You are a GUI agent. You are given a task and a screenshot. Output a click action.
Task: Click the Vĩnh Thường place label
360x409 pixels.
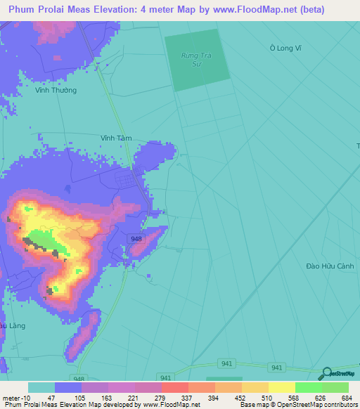coord(56,90)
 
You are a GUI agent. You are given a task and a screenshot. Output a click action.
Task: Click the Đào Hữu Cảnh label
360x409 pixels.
coord(328,266)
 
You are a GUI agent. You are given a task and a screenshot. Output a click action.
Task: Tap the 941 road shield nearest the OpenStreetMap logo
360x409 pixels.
coord(276,368)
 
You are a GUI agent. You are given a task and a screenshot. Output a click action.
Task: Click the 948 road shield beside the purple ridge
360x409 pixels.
coord(136,240)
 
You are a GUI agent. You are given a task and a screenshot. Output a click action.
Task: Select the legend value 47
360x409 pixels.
coord(51,398)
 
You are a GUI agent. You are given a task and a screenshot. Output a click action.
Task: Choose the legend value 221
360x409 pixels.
coord(133,398)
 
